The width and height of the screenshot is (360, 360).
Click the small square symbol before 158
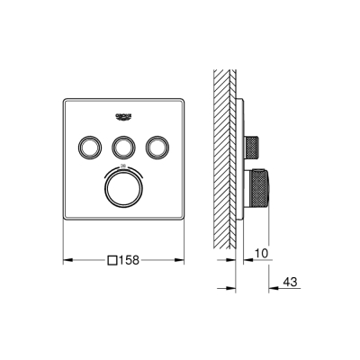click(x=112, y=261)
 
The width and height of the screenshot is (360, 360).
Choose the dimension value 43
click(x=291, y=283)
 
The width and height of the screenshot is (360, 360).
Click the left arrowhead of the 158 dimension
click(x=66, y=261)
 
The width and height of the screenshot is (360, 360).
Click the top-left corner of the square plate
click(x=65, y=95)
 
